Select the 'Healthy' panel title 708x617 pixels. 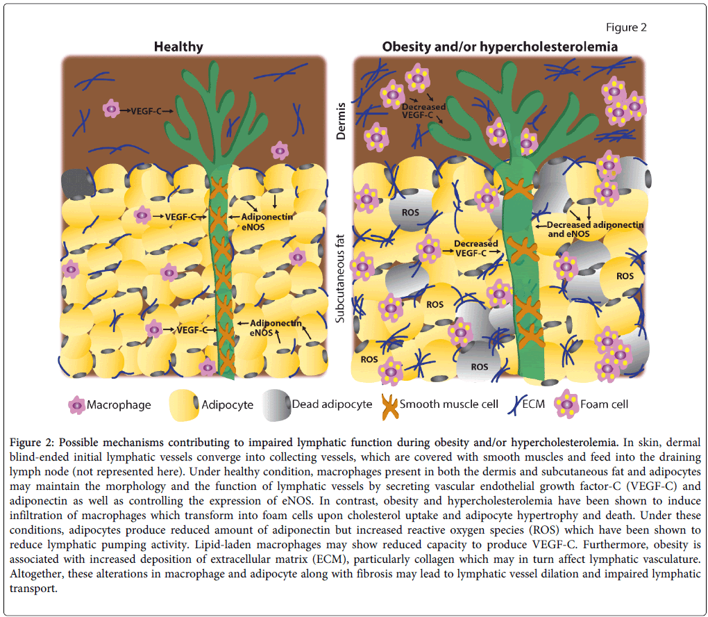point(178,47)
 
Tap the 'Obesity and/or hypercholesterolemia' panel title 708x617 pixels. point(500,47)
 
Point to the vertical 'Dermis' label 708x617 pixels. point(342,122)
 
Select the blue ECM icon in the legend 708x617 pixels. point(514,404)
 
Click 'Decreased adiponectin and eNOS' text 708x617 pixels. point(595,229)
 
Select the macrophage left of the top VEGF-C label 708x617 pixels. point(111,109)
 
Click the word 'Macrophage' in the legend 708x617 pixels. point(119,404)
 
